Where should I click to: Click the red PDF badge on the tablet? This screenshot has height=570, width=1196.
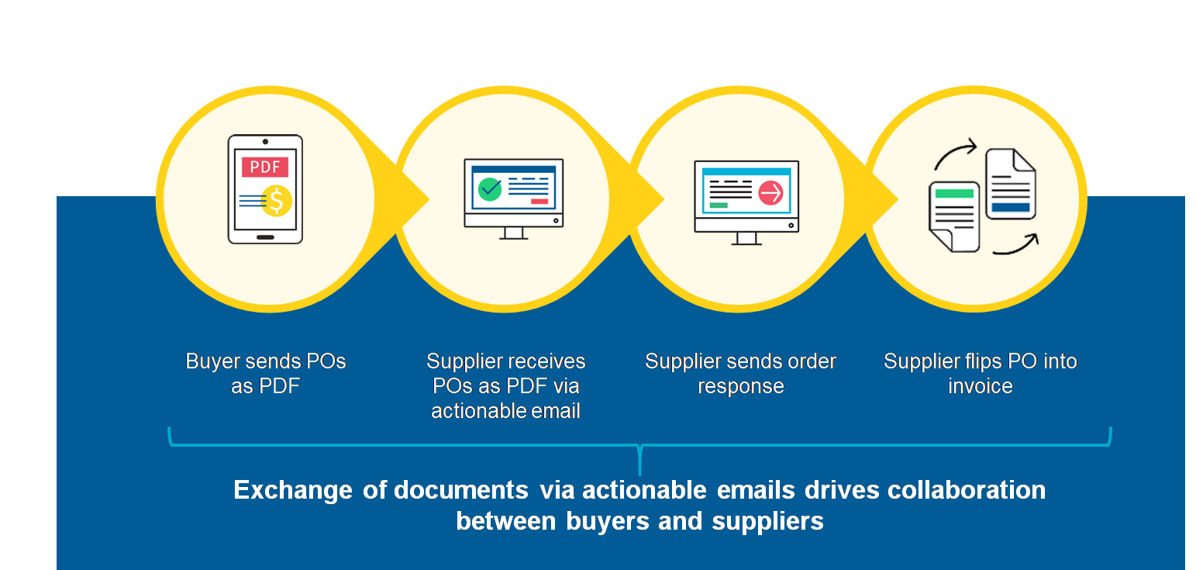point(265,168)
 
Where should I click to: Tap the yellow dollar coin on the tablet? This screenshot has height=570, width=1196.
point(276,201)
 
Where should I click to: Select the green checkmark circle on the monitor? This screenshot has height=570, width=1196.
point(490,188)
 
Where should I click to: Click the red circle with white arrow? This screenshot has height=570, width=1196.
point(770,192)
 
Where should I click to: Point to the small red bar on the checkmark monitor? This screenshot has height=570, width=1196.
point(539,202)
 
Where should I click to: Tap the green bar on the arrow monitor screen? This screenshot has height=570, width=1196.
point(719,206)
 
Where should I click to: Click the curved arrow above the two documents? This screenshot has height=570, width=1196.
point(956,153)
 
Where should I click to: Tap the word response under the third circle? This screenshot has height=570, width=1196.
point(741,386)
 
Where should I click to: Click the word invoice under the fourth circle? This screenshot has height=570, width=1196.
point(980,386)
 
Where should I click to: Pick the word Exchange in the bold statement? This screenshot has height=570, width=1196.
point(293,491)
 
